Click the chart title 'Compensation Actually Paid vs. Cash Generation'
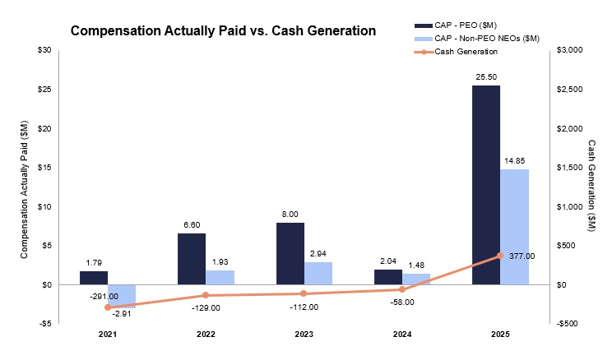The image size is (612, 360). [x=223, y=31]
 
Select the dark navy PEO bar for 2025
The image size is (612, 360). [x=485, y=185]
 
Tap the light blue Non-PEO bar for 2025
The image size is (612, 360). [x=514, y=226]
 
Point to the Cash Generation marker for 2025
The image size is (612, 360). [x=499, y=256]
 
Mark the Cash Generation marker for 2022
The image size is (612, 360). [x=206, y=295]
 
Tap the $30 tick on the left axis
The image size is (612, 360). [x=43, y=50]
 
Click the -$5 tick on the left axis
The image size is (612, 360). [x=44, y=324]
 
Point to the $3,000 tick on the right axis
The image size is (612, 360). [x=569, y=50]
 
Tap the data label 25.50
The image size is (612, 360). [x=485, y=76]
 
